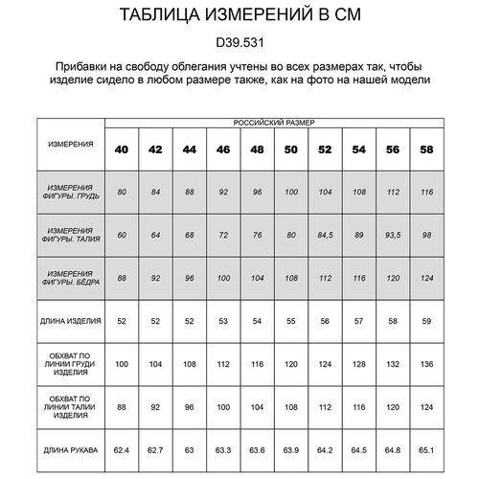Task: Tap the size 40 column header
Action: (122, 151)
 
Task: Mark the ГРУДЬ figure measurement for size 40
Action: (122, 194)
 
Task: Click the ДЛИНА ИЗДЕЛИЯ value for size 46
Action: (223, 321)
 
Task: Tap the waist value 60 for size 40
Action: (122, 233)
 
